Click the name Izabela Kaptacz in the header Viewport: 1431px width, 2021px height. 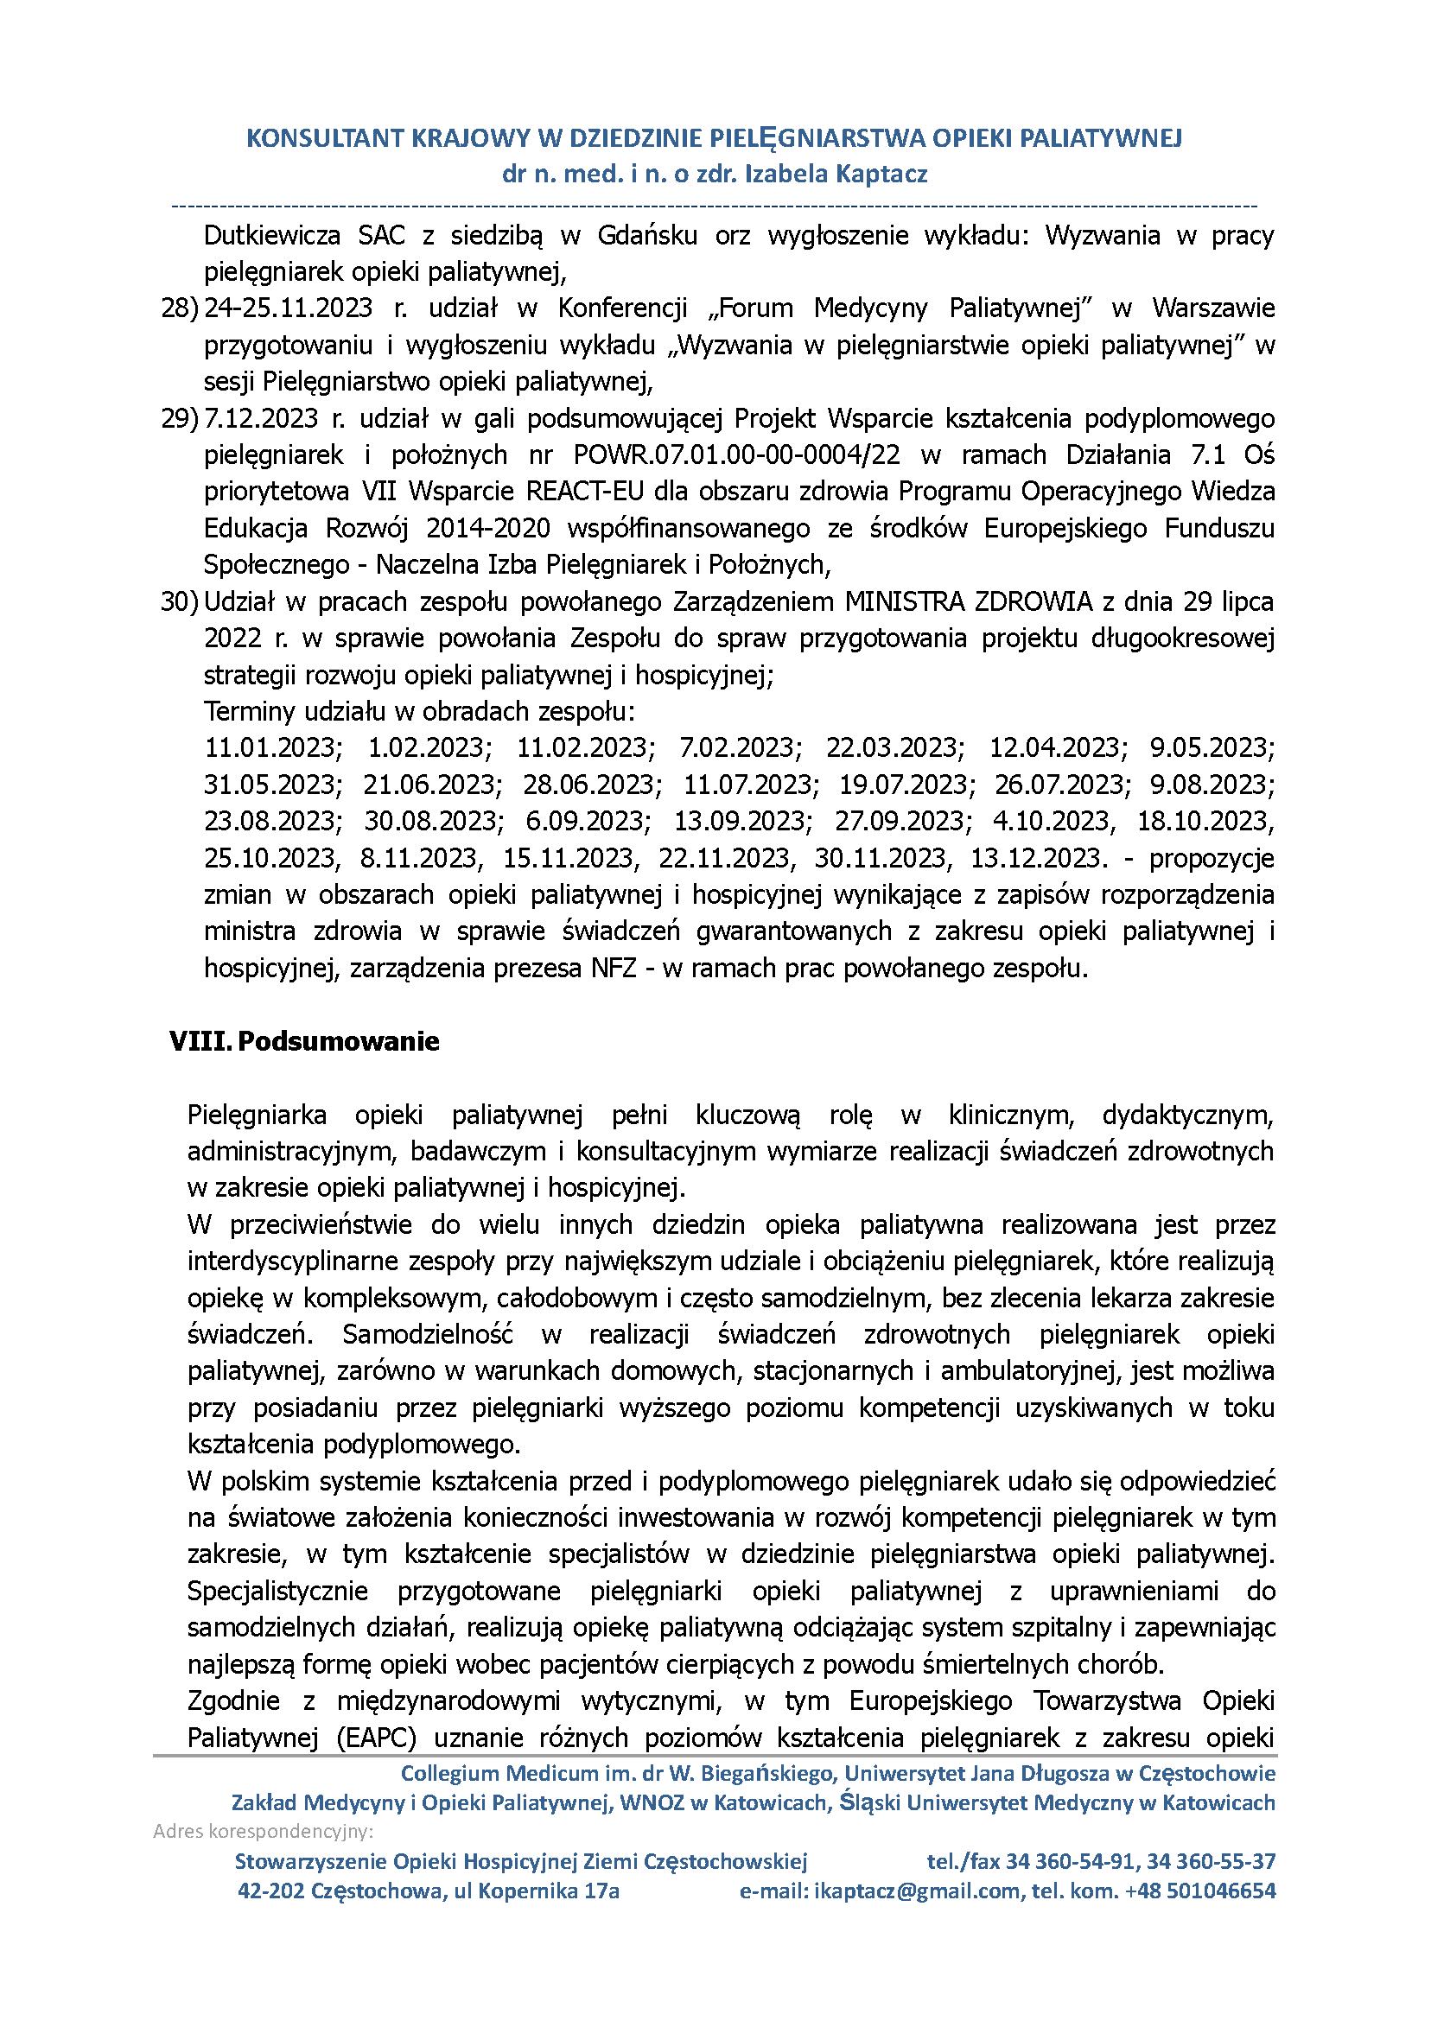836,174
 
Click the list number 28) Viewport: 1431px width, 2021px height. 180,308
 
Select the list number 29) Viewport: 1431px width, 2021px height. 180,418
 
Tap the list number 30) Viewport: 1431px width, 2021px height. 180,601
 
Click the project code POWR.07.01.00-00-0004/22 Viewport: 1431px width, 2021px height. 736,455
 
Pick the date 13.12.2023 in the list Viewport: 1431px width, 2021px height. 1038,858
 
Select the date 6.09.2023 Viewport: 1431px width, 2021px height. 588,821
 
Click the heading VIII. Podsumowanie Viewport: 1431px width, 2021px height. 304,1041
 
